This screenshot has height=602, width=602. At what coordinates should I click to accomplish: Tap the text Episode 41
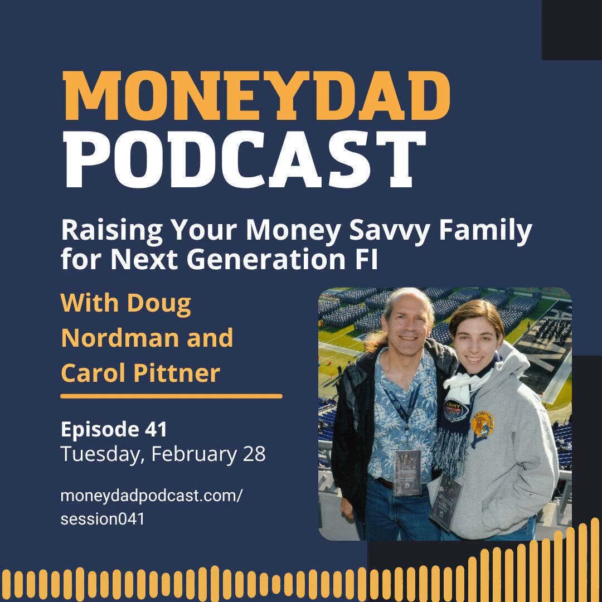114,429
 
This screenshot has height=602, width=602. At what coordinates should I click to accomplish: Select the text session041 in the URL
103,518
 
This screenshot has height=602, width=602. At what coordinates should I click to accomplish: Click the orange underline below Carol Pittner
171,396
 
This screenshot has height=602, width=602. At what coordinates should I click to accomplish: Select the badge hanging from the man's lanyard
407,472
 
